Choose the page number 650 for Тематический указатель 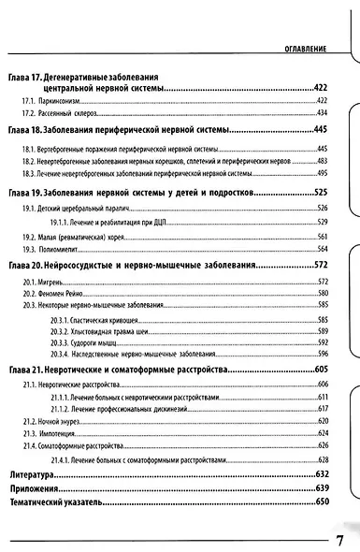[323, 502]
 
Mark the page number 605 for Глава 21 [321, 371]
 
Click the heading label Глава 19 [22, 193]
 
